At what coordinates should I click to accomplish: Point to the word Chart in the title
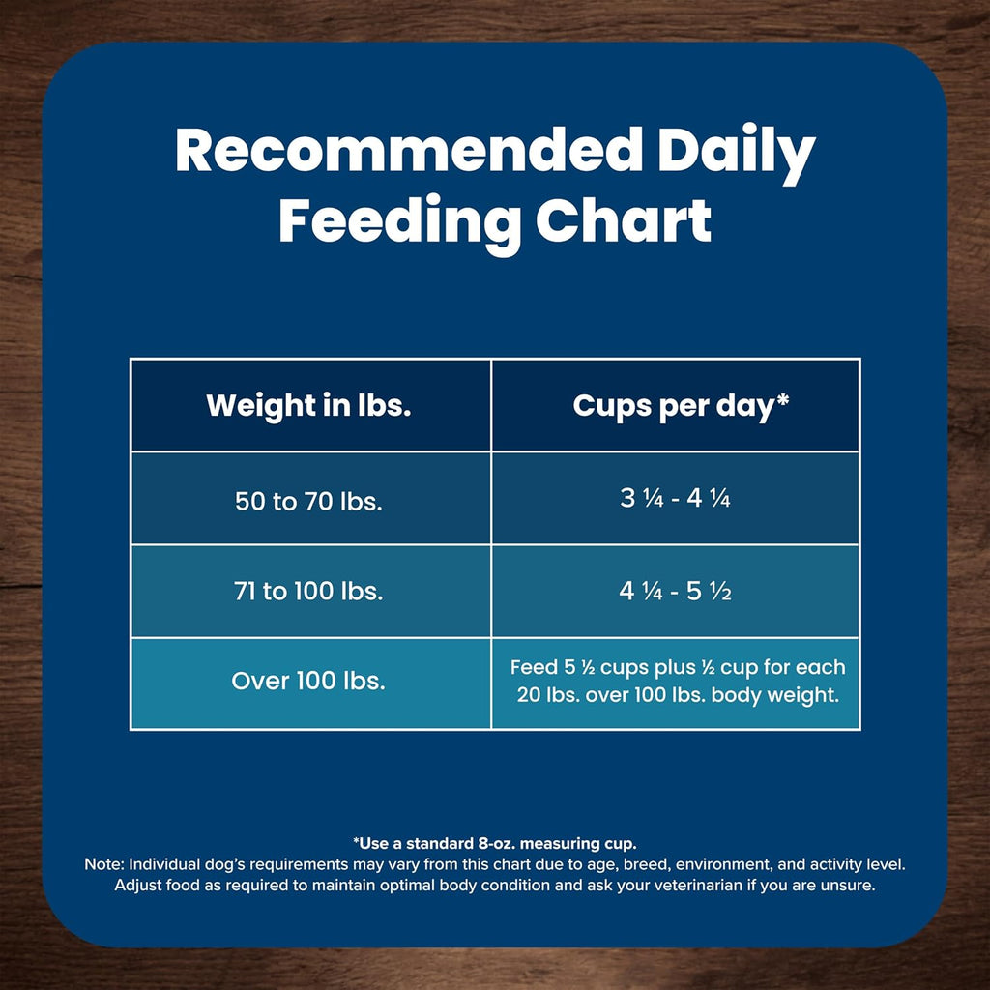tap(624, 220)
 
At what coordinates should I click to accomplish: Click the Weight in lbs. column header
tap(309, 405)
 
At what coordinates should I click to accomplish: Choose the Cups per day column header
tap(675, 405)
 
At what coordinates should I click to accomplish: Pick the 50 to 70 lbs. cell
tap(309, 502)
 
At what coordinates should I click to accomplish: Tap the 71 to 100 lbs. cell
tap(309, 591)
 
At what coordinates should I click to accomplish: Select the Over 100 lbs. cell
tap(309, 681)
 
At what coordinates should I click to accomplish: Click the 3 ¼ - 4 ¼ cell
tap(675, 500)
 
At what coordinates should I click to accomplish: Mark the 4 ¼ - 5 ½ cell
tap(675, 590)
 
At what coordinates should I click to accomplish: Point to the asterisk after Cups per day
tap(782, 399)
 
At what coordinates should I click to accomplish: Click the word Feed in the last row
tap(532, 667)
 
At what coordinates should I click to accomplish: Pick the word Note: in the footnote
tap(104, 864)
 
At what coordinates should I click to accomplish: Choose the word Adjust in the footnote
tap(140, 886)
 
